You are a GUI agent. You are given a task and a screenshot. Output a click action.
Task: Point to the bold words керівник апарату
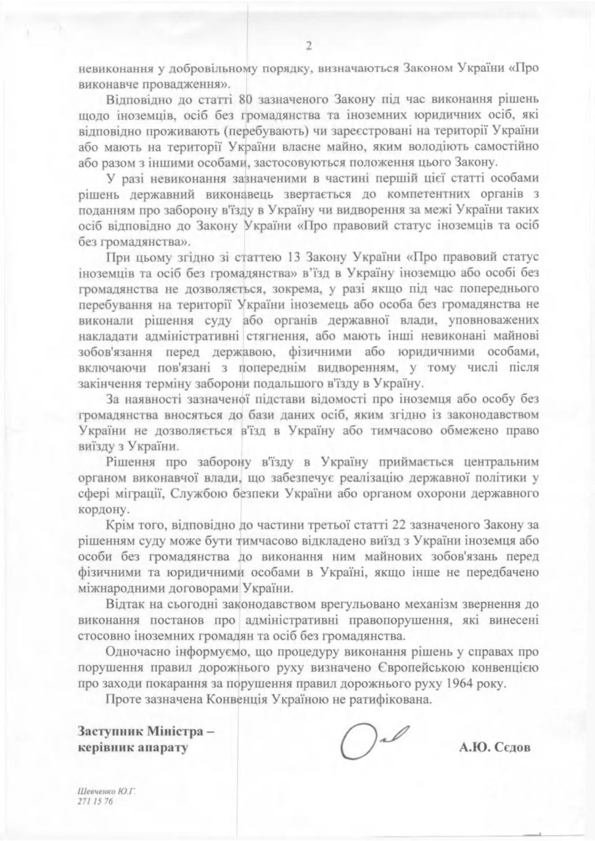[x=133, y=748]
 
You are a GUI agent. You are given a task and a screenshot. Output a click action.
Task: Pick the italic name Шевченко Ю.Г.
[x=106, y=790]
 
